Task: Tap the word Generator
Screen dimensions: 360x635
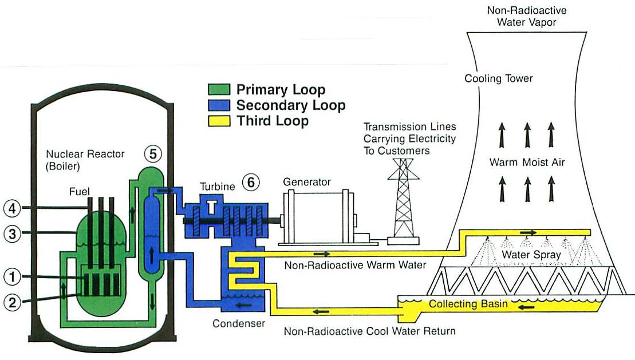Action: pyautogui.click(x=307, y=182)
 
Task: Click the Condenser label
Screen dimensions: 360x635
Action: pyautogui.click(x=239, y=323)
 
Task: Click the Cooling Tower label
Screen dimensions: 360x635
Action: pyautogui.click(x=498, y=78)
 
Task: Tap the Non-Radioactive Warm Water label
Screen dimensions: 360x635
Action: pyautogui.click(x=356, y=265)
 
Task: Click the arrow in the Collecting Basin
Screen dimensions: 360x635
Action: pyautogui.click(x=525, y=307)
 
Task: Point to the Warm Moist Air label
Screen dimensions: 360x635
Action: pyautogui.click(x=527, y=163)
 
